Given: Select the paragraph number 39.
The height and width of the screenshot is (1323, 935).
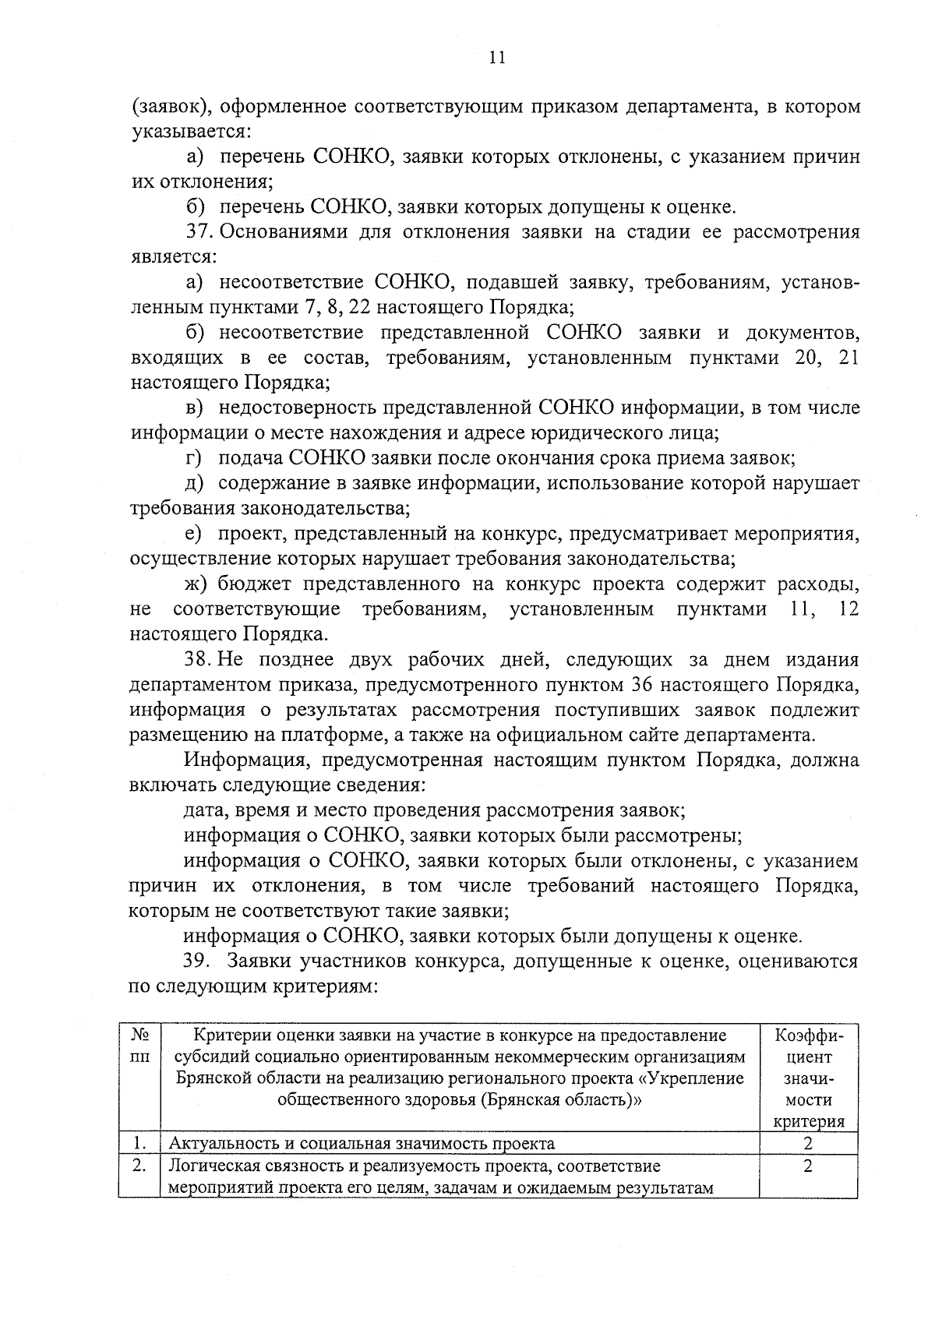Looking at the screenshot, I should pos(198,961).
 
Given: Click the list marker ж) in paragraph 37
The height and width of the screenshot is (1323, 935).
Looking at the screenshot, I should pos(196,584).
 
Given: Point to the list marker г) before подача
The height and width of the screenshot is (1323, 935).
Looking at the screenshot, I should pos(194,458).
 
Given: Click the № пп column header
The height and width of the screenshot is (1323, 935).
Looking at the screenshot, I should pos(139,1046).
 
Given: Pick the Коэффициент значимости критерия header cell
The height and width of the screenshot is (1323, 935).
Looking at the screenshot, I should pos(808,1078).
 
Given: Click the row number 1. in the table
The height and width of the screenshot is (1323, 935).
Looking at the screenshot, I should pos(139,1144).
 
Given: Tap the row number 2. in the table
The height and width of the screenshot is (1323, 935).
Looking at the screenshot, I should pos(139,1166).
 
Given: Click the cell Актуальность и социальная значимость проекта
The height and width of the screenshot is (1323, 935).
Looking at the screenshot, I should pos(362,1144).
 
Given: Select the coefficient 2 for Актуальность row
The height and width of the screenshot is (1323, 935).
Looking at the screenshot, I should pos(808,1144).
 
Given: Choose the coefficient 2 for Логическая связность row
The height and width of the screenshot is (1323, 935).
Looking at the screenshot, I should pos(808,1166).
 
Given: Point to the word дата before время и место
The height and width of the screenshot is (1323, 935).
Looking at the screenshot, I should pos(203,811).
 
